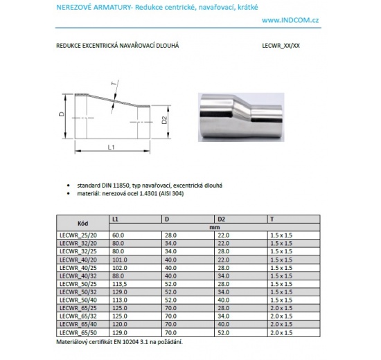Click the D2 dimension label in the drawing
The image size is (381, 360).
click(x=164, y=120)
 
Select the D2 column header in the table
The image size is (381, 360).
click(x=221, y=218)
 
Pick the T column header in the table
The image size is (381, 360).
click(x=271, y=218)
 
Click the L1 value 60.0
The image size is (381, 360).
click(x=118, y=235)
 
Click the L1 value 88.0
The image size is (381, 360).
click(x=118, y=276)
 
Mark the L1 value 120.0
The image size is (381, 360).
click(x=120, y=325)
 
